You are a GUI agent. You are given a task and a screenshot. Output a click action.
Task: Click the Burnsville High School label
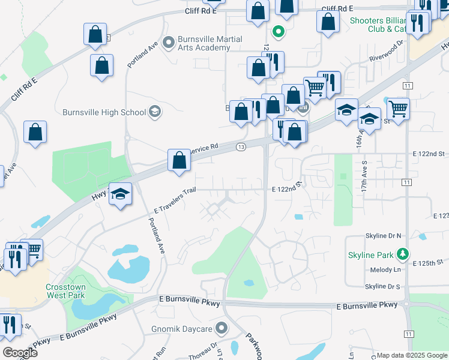[x=104, y=112]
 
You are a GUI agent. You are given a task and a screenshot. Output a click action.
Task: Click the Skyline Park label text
[x=373, y=255]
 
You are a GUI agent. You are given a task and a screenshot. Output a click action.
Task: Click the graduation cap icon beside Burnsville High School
[x=155, y=112]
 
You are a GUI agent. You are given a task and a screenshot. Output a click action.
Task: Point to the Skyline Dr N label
[x=383, y=236]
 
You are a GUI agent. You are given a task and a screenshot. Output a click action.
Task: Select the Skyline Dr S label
[x=382, y=286]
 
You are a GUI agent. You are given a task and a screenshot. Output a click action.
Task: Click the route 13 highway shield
[x=241, y=147]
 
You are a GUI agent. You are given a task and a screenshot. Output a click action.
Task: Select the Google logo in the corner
[x=20, y=352]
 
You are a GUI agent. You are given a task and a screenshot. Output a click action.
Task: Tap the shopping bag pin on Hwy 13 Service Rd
[x=179, y=160]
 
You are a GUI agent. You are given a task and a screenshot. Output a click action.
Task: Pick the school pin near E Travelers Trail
[x=120, y=194]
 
